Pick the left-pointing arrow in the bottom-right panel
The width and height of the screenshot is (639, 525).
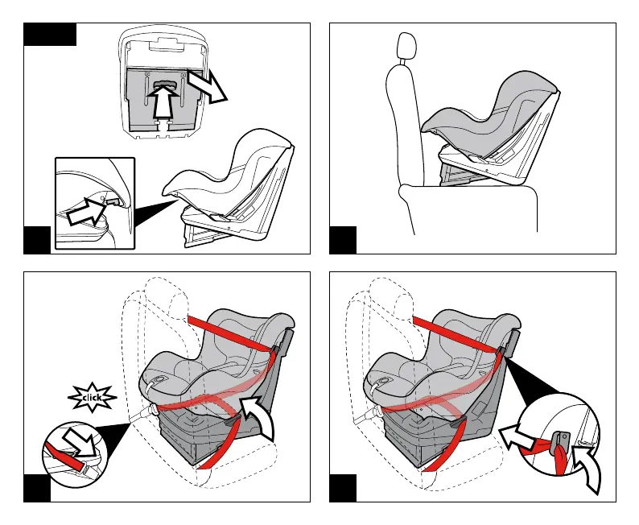point(517,438)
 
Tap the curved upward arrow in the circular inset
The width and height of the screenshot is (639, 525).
point(587,469)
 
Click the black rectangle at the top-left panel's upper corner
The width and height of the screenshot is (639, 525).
point(50,34)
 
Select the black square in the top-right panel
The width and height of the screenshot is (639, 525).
point(343,240)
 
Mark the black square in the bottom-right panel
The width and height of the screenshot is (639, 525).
point(343,488)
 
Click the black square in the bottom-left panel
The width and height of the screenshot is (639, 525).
point(36,488)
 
